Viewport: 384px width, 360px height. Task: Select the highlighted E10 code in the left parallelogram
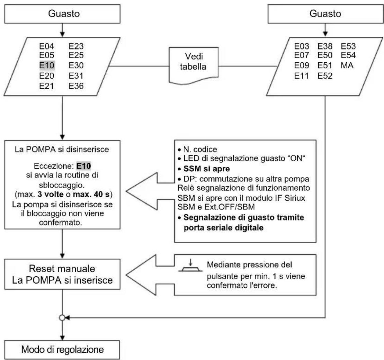tap(47, 65)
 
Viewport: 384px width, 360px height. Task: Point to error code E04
tap(47, 46)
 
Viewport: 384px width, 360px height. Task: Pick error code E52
tap(325, 75)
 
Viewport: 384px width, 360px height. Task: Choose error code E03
tap(301, 46)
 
